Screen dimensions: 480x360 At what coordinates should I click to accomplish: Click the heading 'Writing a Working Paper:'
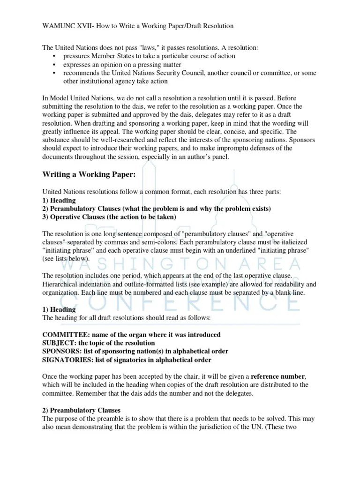(89, 175)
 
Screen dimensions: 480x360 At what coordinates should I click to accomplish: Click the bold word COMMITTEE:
(66, 335)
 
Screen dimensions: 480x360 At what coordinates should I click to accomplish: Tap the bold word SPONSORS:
(62, 352)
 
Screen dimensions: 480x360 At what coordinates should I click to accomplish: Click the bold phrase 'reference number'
(278, 376)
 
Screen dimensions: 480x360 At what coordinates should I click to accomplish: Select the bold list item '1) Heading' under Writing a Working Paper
(59, 200)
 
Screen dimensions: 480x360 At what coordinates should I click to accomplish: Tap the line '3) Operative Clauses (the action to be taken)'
(109, 217)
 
